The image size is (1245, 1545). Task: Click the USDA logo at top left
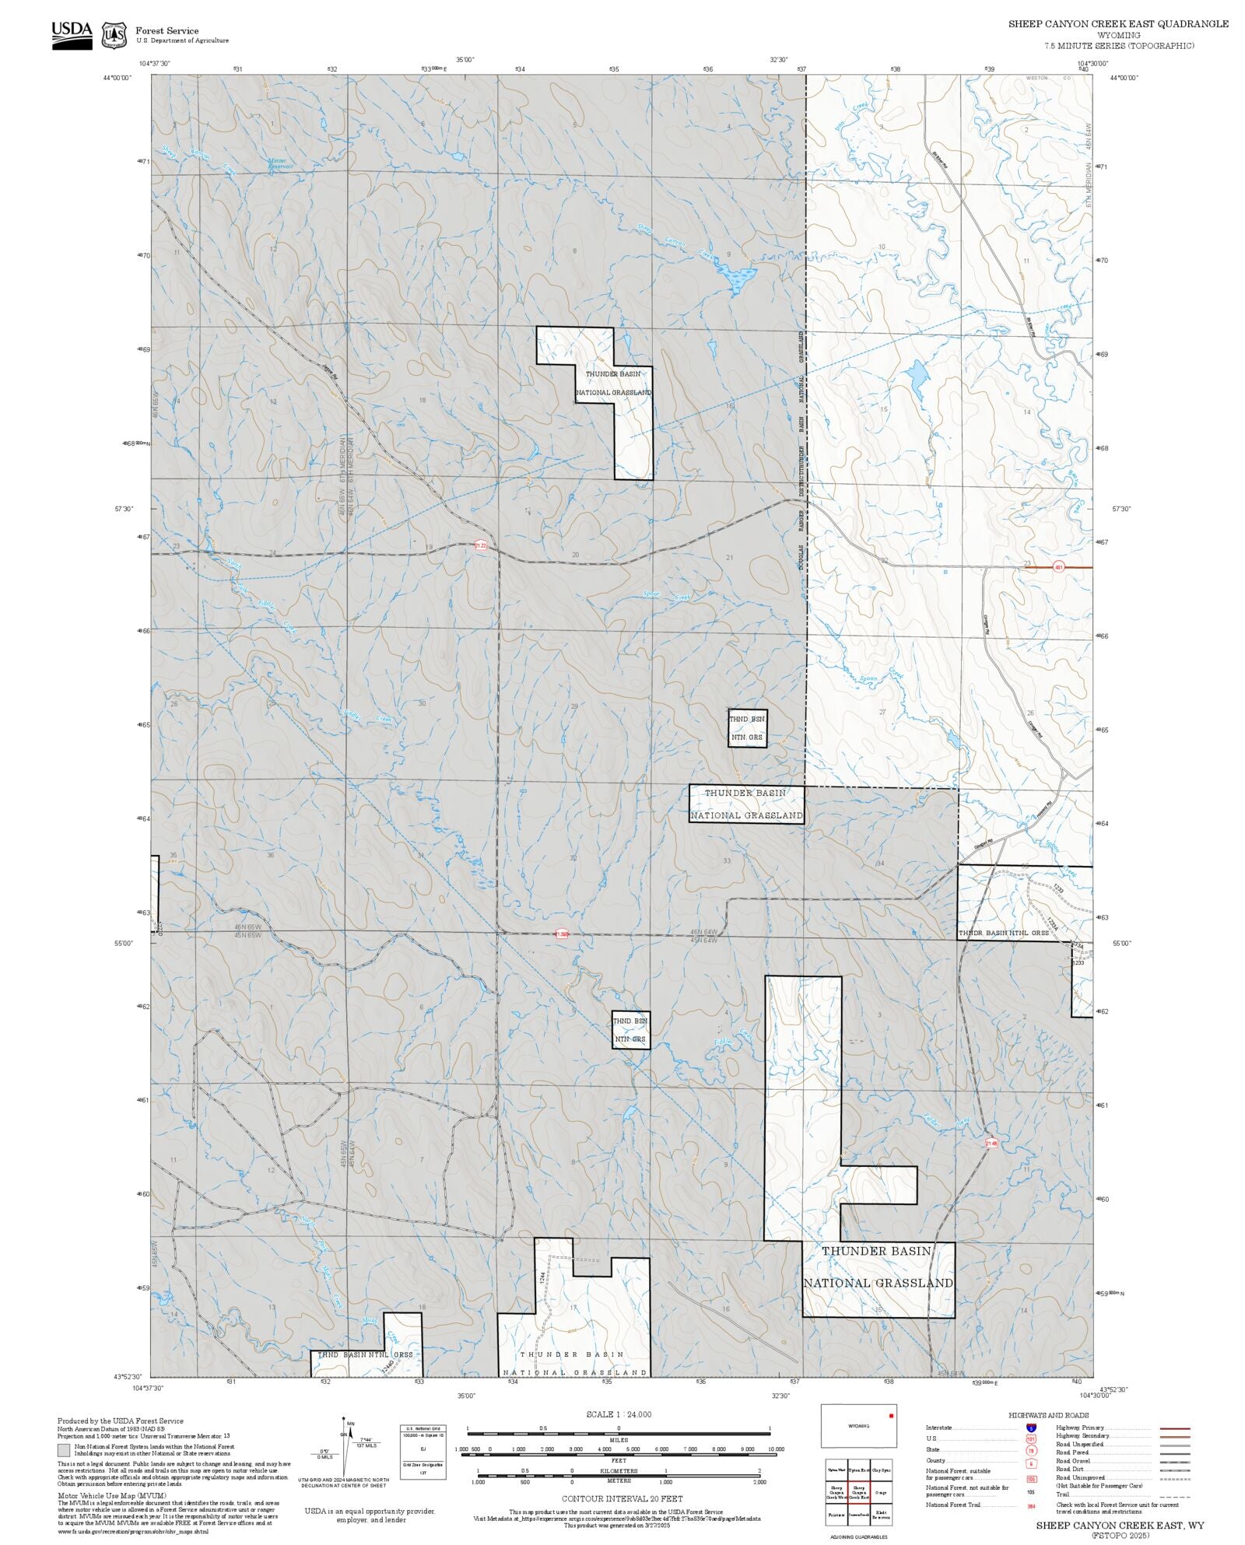(x=72, y=35)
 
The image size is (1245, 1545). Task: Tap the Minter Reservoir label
(x=280, y=164)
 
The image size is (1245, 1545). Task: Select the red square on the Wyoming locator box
(x=891, y=1415)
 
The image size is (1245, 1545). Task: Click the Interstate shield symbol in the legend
(x=1031, y=1428)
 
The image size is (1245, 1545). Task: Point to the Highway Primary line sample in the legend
(x=1174, y=1428)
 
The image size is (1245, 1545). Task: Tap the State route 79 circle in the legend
(x=1031, y=1450)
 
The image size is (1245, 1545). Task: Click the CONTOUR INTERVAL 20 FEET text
(x=622, y=1498)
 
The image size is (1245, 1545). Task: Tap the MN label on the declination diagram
(x=352, y=1423)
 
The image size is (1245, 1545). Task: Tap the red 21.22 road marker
(x=481, y=546)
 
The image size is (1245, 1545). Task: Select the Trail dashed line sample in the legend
(x=1174, y=1494)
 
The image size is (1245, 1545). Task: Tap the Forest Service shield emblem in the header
(x=114, y=35)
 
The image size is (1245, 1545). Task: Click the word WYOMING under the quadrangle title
(x=1118, y=35)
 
